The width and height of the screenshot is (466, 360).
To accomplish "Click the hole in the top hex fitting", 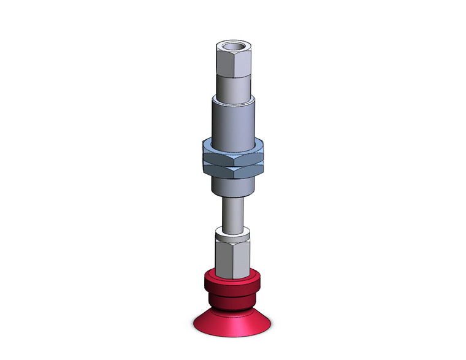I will click(x=234, y=46).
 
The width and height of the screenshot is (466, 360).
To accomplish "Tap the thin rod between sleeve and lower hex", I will click(x=233, y=212).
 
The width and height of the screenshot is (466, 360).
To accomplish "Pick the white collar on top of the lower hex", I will click(x=233, y=234).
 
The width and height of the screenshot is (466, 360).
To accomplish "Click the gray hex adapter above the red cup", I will click(x=233, y=255).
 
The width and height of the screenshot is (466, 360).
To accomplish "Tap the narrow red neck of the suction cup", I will click(x=233, y=300).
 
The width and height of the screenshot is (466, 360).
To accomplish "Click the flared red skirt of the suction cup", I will click(x=233, y=319).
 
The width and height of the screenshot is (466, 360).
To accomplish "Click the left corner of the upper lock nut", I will click(x=202, y=147).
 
